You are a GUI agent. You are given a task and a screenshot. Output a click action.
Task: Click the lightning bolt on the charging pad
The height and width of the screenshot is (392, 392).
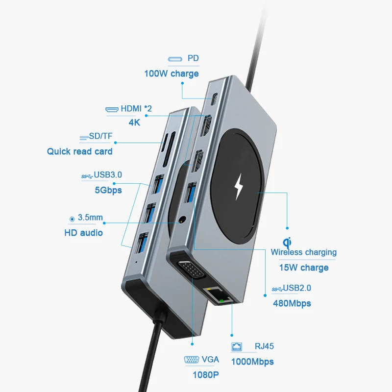(239, 187)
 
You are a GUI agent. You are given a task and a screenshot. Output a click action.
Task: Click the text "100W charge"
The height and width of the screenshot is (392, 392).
(171, 73)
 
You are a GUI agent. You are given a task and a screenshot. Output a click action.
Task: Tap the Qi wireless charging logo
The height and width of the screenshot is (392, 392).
(287, 242)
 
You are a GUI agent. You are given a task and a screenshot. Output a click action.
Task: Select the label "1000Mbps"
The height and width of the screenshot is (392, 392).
(252, 362)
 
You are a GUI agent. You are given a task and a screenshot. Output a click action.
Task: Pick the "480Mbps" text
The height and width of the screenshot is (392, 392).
(292, 303)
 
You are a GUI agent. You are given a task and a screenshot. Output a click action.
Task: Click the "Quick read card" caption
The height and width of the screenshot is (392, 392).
(79, 151)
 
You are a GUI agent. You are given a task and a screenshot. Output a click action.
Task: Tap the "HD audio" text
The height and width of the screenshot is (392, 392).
(83, 233)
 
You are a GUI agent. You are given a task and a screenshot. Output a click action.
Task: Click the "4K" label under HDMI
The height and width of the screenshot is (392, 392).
(134, 122)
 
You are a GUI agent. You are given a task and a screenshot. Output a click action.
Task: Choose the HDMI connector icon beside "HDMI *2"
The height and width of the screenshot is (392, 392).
(112, 109)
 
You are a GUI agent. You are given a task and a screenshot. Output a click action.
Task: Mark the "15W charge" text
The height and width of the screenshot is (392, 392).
(304, 268)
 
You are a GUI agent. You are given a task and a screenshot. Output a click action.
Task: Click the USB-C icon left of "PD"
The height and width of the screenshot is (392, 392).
(175, 59)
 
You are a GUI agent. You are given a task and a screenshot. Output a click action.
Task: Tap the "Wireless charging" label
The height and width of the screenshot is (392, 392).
(304, 252)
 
